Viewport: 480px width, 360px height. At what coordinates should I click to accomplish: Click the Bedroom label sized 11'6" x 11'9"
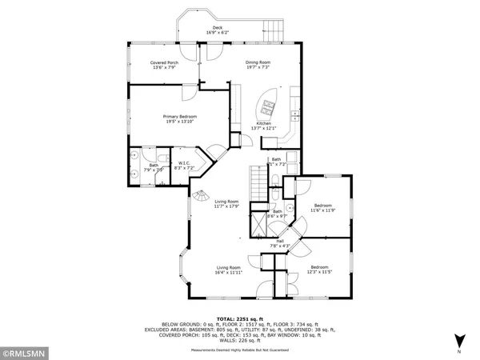pos(322,207)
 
